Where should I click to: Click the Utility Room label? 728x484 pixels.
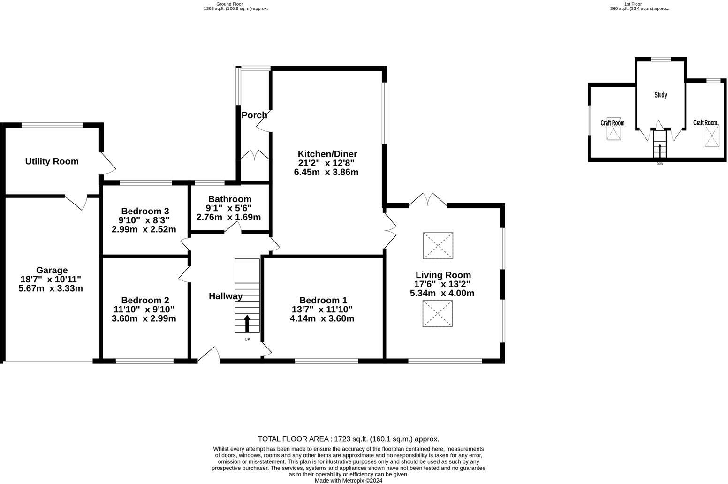[x=52, y=161]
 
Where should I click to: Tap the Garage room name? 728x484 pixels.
[x=52, y=270]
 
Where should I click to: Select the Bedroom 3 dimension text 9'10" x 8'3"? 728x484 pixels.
[x=144, y=220]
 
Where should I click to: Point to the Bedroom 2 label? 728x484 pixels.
[x=144, y=300]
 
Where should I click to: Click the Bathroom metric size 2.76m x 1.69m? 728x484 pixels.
[x=228, y=217]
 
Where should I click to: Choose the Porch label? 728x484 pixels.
[x=254, y=115]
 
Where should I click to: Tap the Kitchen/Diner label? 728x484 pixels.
[x=327, y=154]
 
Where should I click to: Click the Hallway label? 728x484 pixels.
[x=225, y=296]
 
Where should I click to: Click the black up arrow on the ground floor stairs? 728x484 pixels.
[x=247, y=323]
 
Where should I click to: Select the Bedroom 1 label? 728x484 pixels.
[x=323, y=300]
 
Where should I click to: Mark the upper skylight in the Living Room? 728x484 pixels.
[x=438, y=245]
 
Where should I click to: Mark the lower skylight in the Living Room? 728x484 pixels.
[x=438, y=314]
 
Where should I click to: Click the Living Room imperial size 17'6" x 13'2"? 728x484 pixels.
[x=442, y=284]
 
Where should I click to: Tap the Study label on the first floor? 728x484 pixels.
[x=660, y=95]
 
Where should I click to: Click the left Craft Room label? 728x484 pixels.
[x=612, y=123]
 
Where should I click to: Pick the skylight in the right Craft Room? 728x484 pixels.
[x=712, y=136]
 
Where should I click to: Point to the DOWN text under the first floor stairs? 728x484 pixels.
[x=660, y=164]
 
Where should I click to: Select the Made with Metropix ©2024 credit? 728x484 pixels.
[x=348, y=480]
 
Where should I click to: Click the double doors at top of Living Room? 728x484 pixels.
[x=427, y=200]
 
